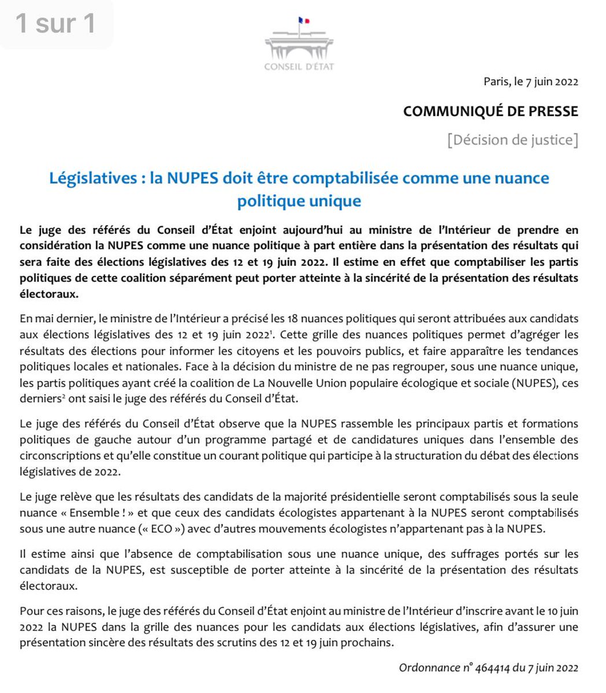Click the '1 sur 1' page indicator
click(55, 23)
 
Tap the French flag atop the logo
click(300, 21)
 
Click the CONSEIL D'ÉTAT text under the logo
click(299, 66)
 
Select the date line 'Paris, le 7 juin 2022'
click(530, 81)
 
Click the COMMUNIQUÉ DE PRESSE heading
click(490, 111)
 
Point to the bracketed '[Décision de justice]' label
click(512, 140)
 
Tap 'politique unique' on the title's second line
click(299, 200)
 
